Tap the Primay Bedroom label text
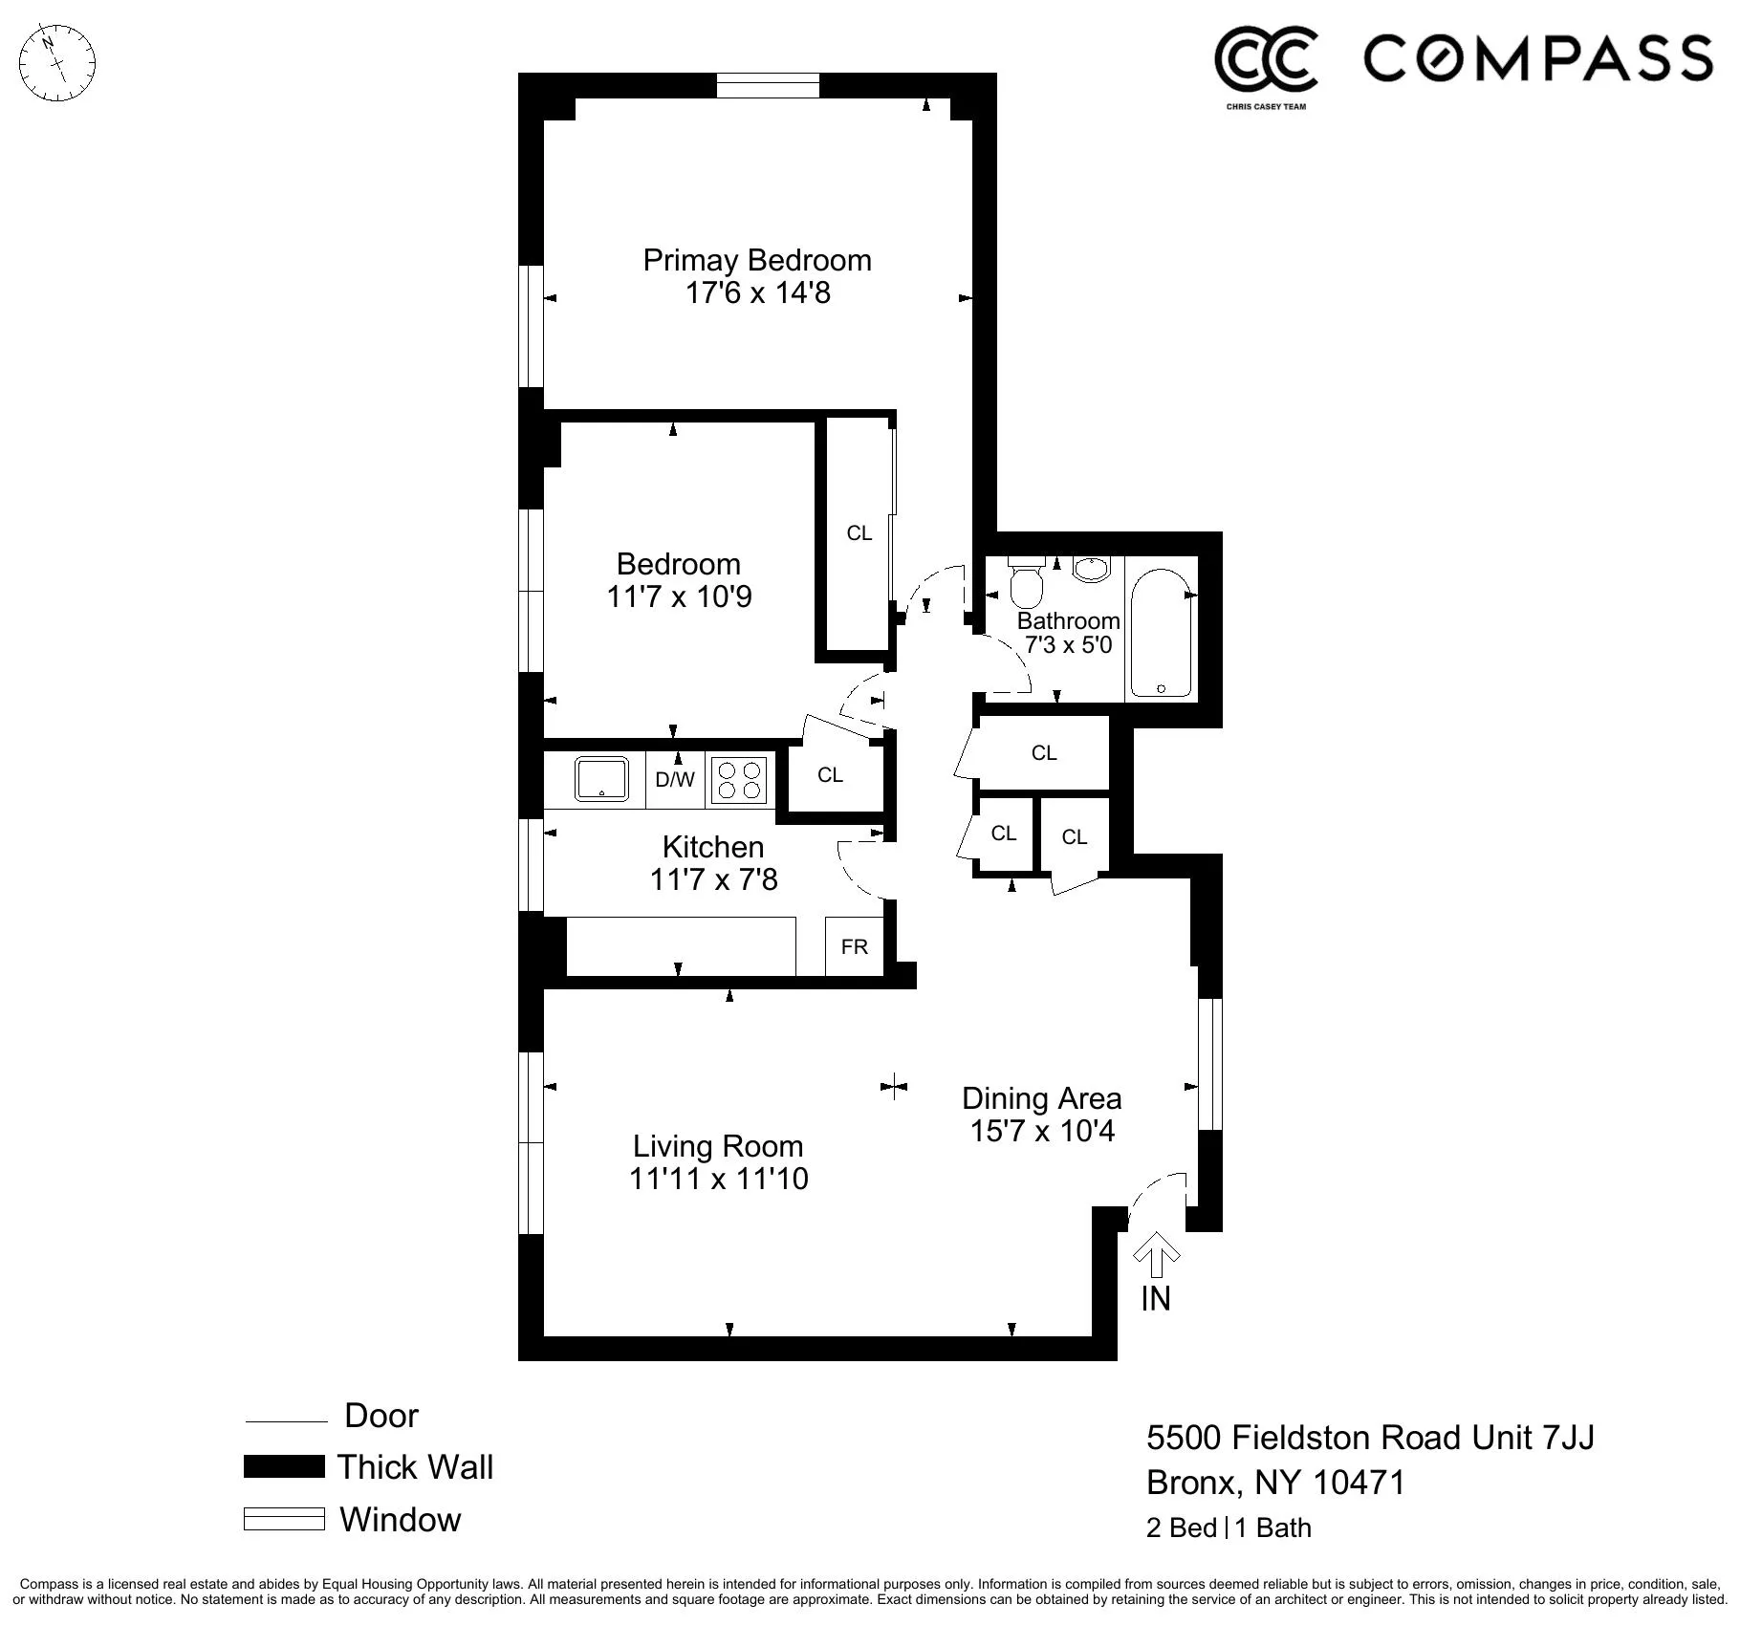[756, 260]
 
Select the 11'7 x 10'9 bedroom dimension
[679, 596]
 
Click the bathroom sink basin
[1090, 569]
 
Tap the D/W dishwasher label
[675, 779]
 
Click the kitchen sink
[601, 778]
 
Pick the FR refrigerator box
[854, 946]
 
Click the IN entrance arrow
[1156, 1256]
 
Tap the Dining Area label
[1041, 1098]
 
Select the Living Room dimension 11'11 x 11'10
[718, 1179]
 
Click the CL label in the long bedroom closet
[859, 533]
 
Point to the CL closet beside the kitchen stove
[830, 775]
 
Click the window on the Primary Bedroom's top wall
[768, 85]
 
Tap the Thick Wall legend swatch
[284, 1466]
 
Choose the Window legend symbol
[284, 1519]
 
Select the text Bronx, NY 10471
[1275, 1483]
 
